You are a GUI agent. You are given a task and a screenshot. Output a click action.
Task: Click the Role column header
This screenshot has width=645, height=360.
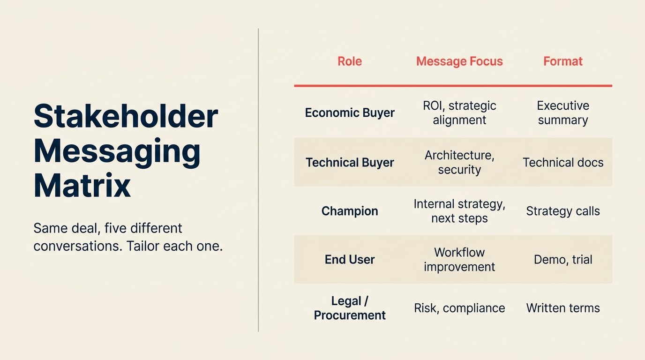point(350,61)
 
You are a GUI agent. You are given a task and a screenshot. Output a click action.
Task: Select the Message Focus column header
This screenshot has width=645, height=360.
point(459,61)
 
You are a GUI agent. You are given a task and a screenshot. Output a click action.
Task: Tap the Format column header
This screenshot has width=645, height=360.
point(562,61)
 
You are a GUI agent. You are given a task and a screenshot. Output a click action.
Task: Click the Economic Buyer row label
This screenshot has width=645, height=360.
point(350,113)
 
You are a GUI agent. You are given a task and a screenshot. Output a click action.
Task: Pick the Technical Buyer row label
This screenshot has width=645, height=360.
point(350,163)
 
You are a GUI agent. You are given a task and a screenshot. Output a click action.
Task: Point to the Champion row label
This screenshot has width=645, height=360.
point(350,211)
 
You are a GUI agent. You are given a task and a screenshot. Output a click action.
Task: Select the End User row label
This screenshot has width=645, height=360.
point(350,260)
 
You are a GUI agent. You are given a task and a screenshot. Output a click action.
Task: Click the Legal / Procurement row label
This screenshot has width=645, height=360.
point(350,308)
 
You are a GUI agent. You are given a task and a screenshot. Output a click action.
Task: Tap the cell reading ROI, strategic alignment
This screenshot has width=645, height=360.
point(459,113)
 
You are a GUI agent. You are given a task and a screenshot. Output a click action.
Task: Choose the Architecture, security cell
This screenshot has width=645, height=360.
point(459,162)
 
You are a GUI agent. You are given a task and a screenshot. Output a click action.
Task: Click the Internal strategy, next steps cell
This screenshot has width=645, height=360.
point(459,211)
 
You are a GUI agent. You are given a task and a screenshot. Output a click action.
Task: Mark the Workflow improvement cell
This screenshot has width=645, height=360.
point(459,260)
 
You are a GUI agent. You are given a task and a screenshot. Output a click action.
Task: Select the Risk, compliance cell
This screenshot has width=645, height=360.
point(459,308)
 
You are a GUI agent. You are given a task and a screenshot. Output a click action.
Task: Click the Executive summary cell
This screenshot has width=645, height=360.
point(562,113)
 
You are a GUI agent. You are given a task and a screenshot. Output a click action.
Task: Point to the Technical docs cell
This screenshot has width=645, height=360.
point(562,163)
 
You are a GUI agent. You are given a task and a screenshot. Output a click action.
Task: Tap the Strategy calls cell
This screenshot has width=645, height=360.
point(562,211)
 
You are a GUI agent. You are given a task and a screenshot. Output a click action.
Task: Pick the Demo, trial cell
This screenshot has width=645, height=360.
point(562,260)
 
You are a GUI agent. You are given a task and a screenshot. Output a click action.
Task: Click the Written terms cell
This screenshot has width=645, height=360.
point(562,308)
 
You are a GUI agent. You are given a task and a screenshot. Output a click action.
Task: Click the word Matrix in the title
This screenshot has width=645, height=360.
point(82,186)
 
